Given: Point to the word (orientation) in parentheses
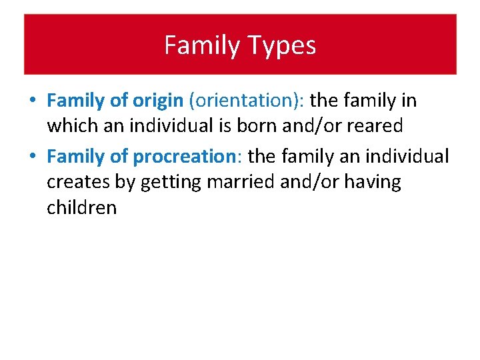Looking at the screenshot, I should click(x=247, y=101).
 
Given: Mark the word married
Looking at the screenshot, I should click(x=243, y=182).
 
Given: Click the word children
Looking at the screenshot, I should click(x=81, y=207).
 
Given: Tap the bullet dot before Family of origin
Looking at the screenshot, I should click(x=33, y=101).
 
